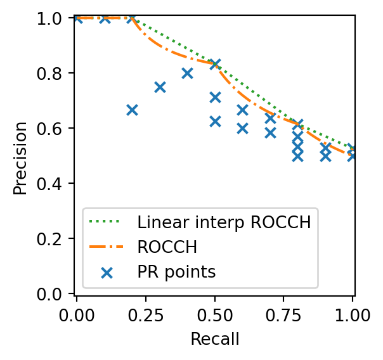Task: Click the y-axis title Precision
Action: (21, 157)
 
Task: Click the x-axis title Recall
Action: (215, 339)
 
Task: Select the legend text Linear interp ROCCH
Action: (224, 222)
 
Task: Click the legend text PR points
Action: (177, 272)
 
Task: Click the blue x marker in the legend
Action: (107, 272)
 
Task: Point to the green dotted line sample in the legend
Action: (107, 222)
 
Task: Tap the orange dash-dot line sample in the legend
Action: (107, 247)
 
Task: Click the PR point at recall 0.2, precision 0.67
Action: (132, 110)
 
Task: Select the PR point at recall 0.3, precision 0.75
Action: (160, 87)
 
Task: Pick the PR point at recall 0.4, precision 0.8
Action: (187, 73)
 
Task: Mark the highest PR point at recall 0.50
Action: (215, 64)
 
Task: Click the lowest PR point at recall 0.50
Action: (215, 121)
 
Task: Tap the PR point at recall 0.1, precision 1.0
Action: (105, 18)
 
